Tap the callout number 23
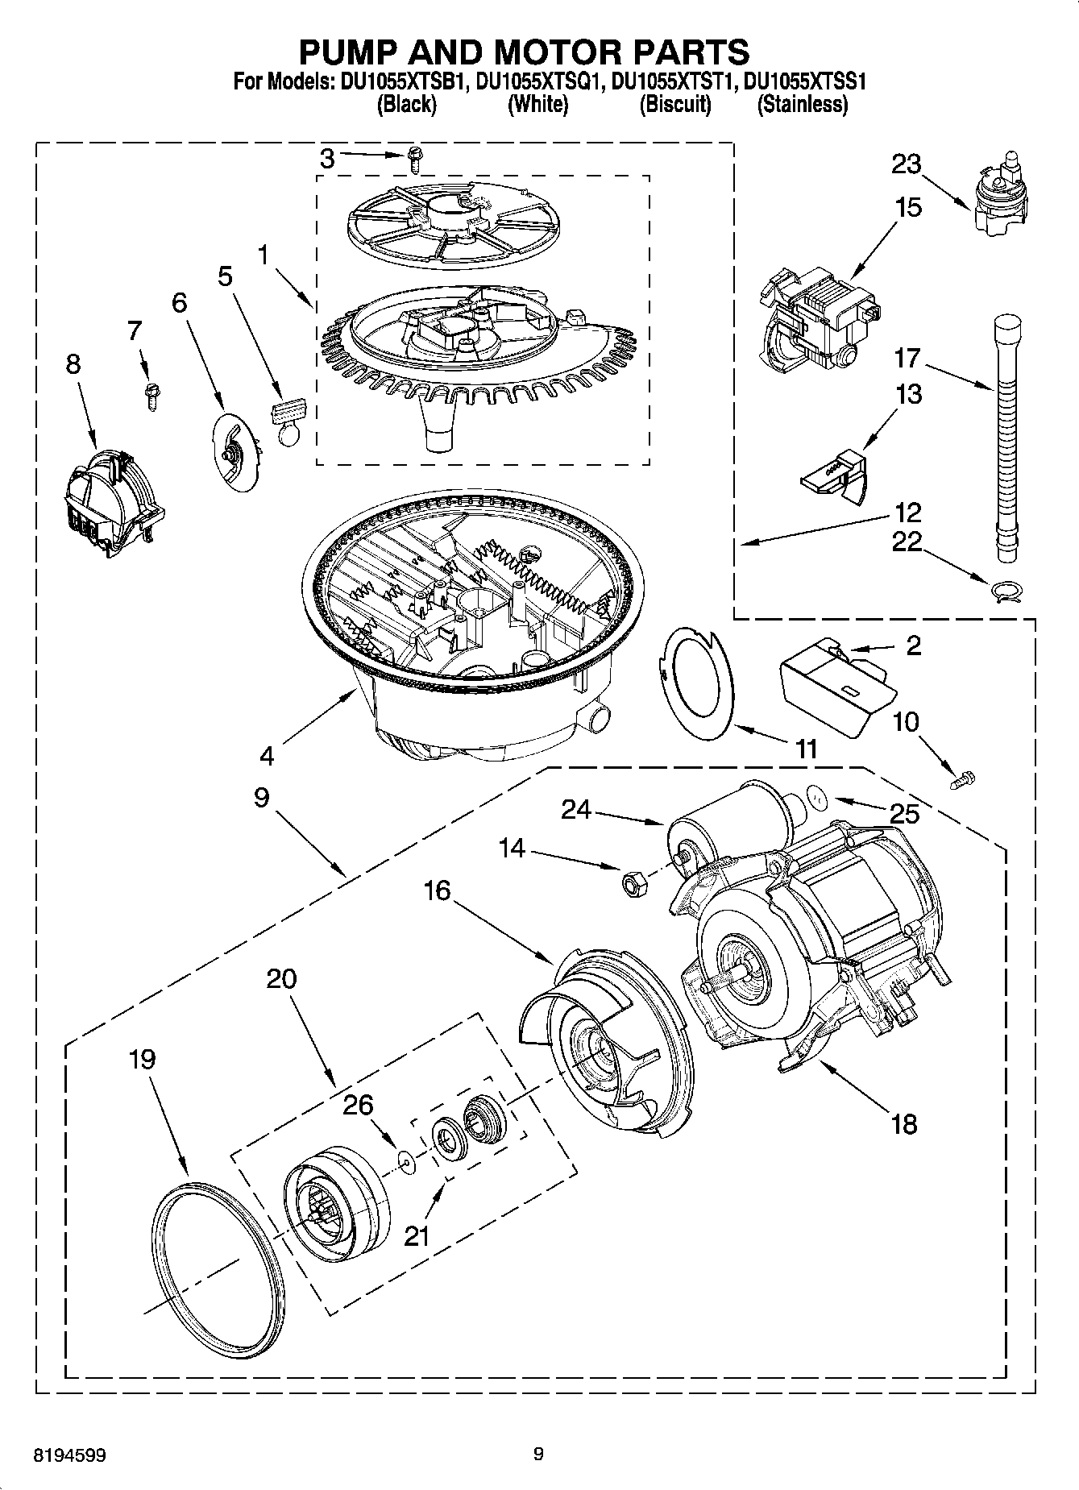click(906, 164)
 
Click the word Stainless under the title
click(802, 105)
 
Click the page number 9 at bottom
click(538, 1455)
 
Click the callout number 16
click(438, 890)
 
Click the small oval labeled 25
click(819, 799)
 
